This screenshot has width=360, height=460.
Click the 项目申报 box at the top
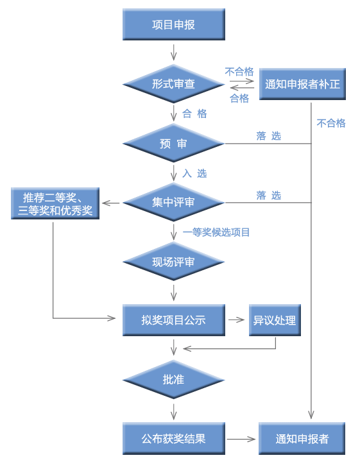pos(173,25)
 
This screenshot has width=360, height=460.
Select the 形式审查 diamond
pos(173,83)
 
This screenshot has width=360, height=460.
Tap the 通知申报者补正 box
pos(302,84)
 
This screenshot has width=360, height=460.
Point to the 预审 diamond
pos(173,144)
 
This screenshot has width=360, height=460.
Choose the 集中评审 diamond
pos(173,202)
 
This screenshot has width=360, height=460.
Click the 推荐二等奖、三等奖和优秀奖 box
pos(56,203)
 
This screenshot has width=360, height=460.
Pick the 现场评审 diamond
pos(173,262)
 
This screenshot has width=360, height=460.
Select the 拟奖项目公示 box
pos(173,319)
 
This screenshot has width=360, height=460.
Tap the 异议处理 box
pos(275,319)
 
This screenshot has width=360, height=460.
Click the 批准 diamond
pos(173,379)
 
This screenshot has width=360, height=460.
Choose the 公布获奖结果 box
pos(173,439)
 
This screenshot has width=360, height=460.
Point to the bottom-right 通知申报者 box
pos(302,439)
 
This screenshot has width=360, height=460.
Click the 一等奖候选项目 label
pos(216,232)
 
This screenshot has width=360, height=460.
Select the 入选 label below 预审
pos(194,173)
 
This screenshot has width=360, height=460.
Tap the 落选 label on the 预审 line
pos(268,136)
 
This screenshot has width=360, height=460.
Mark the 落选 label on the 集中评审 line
pos(268,196)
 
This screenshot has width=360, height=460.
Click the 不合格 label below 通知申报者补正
pos(331,123)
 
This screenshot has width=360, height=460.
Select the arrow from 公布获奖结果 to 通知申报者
pos(241,439)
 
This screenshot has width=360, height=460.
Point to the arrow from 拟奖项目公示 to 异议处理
pos(237,319)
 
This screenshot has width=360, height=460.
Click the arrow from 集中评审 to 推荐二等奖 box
pos(112,203)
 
